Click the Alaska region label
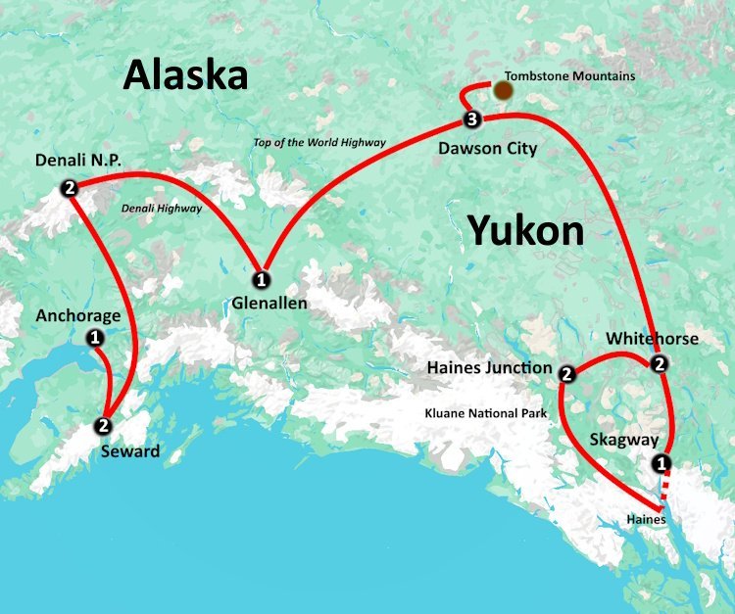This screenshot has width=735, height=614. click(185, 73)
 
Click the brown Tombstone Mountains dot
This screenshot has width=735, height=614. click(503, 91)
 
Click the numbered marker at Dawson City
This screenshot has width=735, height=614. click(472, 120)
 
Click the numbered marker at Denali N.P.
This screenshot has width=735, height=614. click(69, 189)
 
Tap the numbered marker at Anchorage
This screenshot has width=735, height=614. click(95, 338)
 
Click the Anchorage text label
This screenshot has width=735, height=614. click(78, 315)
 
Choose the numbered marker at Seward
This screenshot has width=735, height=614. click(102, 426)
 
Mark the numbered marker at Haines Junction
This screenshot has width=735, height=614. click(566, 373)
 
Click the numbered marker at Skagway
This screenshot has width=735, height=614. click(661, 462)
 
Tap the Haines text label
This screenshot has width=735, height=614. click(647, 519)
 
